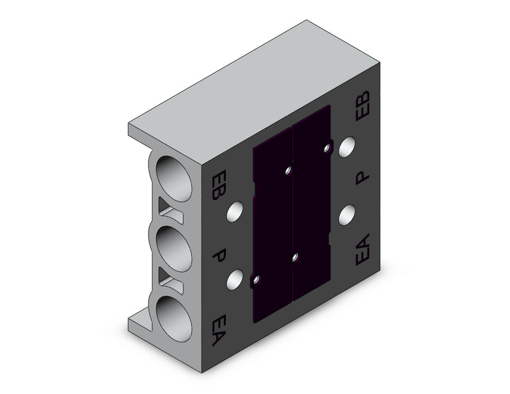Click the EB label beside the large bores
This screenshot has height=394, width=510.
(218, 185)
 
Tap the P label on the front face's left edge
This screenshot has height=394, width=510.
(219, 255)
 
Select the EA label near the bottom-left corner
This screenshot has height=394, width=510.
(218, 330)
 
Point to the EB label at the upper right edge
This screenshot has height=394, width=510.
(363, 106)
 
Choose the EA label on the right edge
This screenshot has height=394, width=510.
(363, 249)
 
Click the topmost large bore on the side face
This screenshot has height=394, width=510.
(174, 178)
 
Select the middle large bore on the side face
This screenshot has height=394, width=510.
(174, 249)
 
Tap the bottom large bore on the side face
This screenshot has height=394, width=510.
(174, 319)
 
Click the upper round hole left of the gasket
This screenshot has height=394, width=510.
(235, 212)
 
